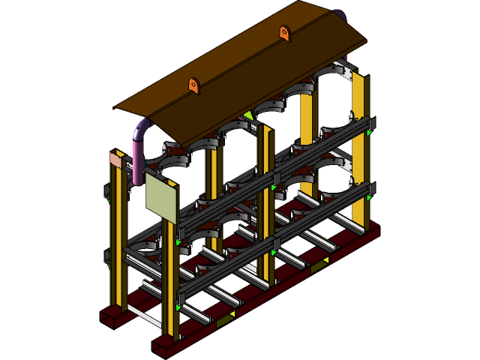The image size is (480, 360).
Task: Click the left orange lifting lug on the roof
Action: click(193, 85)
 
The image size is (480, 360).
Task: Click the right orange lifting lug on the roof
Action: click(284, 32)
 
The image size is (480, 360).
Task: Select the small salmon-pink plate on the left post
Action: click(115, 160)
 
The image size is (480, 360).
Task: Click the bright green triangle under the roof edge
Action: click(248, 115)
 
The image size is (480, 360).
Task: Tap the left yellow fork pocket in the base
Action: click(224, 320)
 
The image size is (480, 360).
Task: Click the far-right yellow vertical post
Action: click(359, 150)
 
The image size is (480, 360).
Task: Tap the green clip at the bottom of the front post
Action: click(178, 307)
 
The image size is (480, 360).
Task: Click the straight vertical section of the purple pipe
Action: click(137, 161)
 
